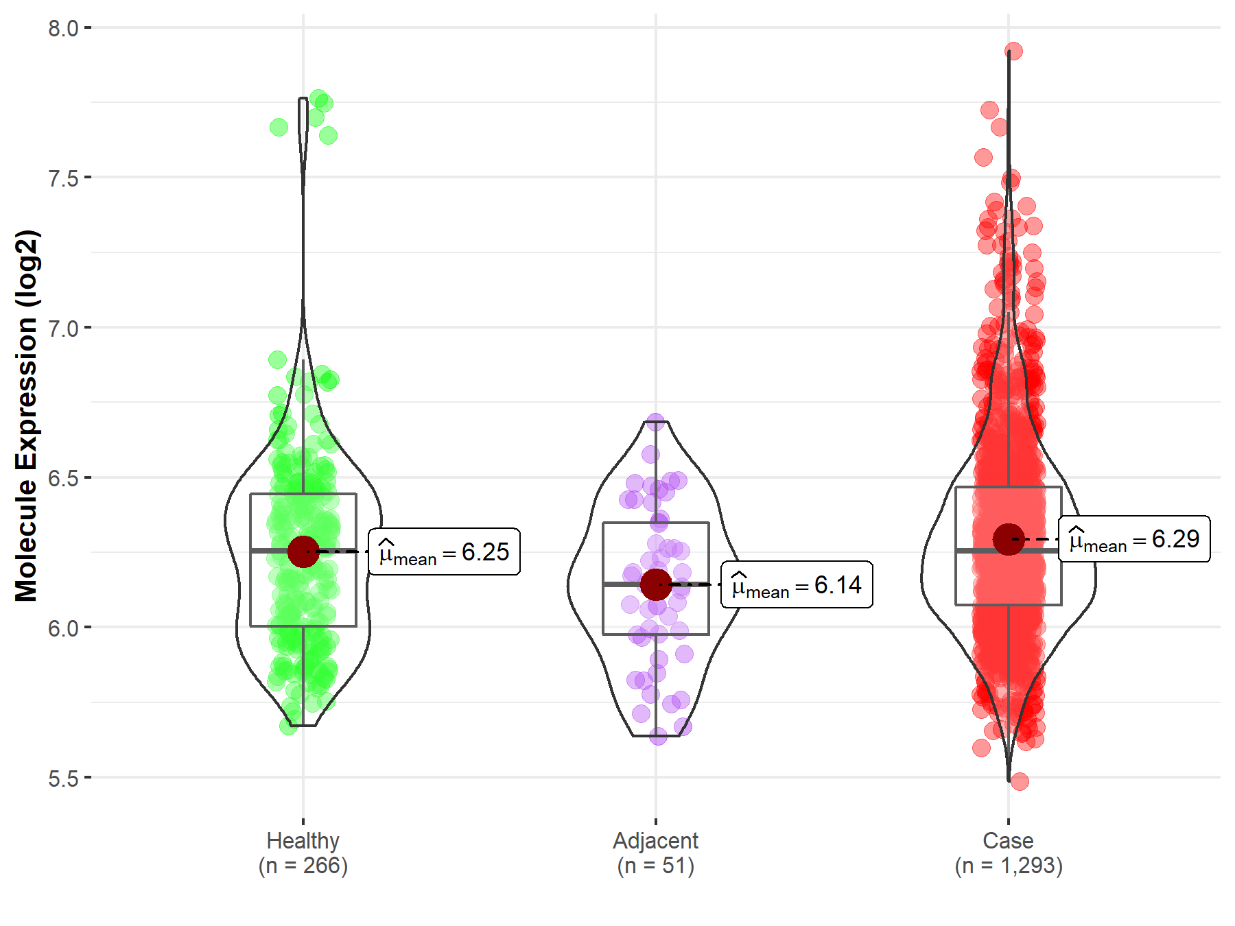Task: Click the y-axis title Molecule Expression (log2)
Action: pyautogui.click(x=26, y=416)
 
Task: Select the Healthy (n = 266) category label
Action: pyautogui.click(x=303, y=853)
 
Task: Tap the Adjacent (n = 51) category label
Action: pyautogui.click(x=656, y=853)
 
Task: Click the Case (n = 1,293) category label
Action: pyautogui.click(x=1009, y=853)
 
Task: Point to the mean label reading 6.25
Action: pyautogui.click(x=445, y=551)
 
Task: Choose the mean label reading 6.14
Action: pyautogui.click(x=797, y=584)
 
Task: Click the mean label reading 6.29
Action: pyautogui.click(x=1134, y=539)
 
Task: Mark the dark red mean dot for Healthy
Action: pyautogui.click(x=303, y=551)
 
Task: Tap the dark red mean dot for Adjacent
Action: pyautogui.click(x=656, y=584)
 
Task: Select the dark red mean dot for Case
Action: pyautogui.click(x=1009, y=539)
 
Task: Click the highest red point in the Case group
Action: pyautogui.click(x=1013, y=51)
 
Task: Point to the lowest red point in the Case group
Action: pyautogui.click(x=1020, y=781)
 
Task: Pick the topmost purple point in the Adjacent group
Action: pyautogui.click(x=656, y=421)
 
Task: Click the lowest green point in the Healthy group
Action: pyautogui.click(x=289, y=726)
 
